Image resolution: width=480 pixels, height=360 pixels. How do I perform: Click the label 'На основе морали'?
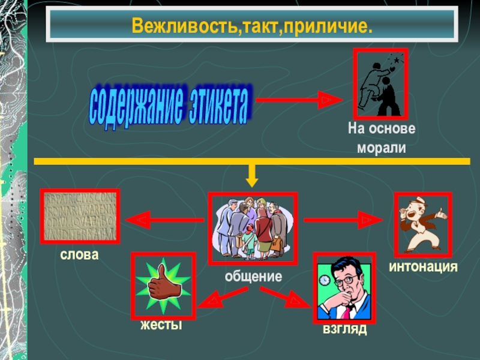click(x=381, y=138)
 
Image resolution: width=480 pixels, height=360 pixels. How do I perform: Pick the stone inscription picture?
click(x=80, y=216)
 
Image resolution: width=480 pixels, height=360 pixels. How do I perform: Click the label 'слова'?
click(x=79, y=254)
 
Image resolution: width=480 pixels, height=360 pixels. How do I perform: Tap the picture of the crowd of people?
click(x=253, y=228)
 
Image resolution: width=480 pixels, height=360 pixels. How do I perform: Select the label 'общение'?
click(x=253, y=277)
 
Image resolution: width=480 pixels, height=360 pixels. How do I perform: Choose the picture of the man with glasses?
click(x=344, y=289)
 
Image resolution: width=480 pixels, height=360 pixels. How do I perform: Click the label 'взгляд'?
click(x=344, y=330)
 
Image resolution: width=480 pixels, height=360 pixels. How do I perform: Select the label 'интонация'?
click(x=424, y=266)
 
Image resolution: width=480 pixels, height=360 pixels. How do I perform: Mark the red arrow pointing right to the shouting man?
click(x=342, y=220)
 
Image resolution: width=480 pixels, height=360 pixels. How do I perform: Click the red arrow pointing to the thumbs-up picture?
click(x=219, y=298)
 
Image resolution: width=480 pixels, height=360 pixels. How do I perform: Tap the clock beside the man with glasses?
click(x=325, y=280)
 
